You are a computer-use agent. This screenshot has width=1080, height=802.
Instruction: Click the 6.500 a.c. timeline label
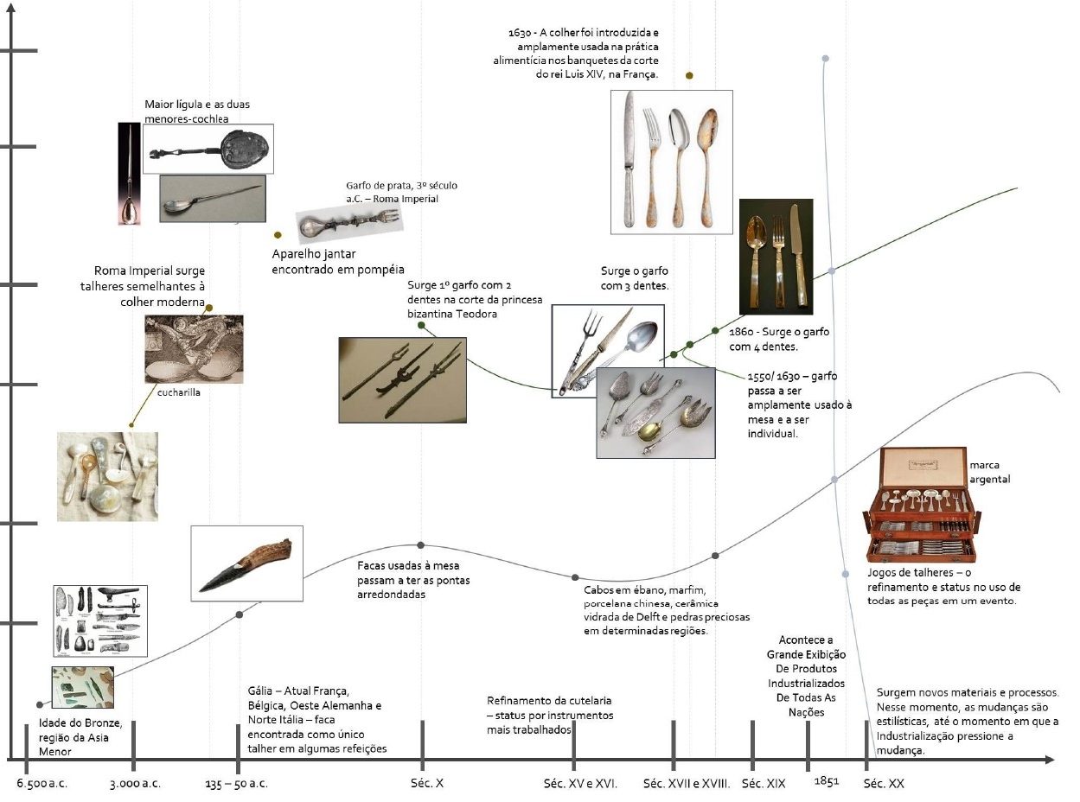42,784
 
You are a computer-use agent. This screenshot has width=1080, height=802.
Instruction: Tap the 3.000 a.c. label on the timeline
135,784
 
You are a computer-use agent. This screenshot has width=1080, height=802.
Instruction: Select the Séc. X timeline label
427,784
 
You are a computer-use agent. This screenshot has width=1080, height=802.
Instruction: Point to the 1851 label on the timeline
826,781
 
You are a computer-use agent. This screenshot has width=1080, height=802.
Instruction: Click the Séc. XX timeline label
884,784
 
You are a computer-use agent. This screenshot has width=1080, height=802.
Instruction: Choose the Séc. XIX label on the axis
764,784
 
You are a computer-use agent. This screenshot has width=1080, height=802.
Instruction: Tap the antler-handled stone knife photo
246,563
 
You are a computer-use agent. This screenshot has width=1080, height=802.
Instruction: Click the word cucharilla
178,391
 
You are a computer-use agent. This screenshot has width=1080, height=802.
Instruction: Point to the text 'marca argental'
989,472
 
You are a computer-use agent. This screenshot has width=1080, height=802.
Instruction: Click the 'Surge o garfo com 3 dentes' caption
634,278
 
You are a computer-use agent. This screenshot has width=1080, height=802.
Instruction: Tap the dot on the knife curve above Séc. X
420,544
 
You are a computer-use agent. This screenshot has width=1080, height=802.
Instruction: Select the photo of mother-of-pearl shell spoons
107,476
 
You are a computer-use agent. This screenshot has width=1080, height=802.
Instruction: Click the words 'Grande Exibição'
806,654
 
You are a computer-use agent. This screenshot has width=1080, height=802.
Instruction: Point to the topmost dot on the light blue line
825,59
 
